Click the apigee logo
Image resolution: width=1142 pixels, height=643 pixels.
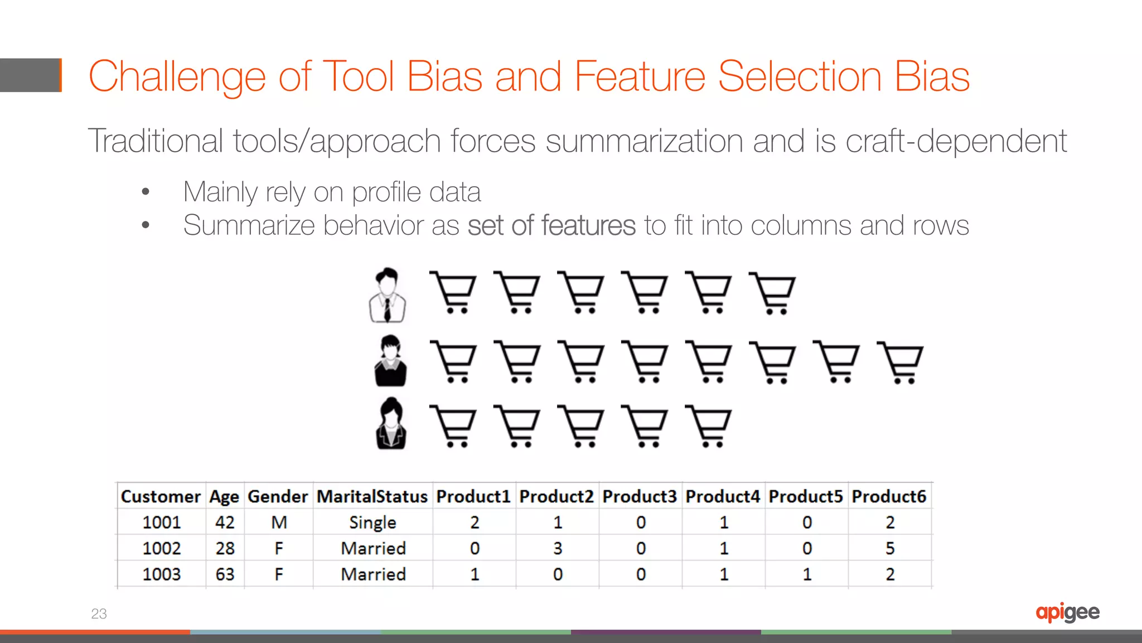coord(1067,612)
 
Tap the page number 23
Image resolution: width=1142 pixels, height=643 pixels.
coord(99,613)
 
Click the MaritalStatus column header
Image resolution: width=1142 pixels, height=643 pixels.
coord(372,496)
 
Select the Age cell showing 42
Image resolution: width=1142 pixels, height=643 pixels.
coord(225,523)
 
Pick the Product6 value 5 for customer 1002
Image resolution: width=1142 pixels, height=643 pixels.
coord(889,548)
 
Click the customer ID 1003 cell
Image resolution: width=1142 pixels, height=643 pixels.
coord(161,574)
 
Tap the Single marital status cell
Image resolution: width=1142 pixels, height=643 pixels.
coord(372,523)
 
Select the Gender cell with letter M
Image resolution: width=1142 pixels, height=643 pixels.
coord(279,523)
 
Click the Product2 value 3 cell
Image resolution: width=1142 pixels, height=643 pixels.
coord(558,548)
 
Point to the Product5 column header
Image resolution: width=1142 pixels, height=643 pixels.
coord(806,496)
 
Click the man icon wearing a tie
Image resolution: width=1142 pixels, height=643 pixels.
coord(388,295)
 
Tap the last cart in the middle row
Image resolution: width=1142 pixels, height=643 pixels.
coord(900,362)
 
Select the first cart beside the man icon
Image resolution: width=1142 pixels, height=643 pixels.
coord(453,292)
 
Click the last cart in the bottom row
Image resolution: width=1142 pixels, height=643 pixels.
coord(708,426)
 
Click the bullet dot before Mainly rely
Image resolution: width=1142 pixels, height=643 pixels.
coord(146,192)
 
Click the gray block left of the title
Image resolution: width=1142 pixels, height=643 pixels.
coord(30,75)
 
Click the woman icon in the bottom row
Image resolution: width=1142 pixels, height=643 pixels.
coord(391,424)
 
